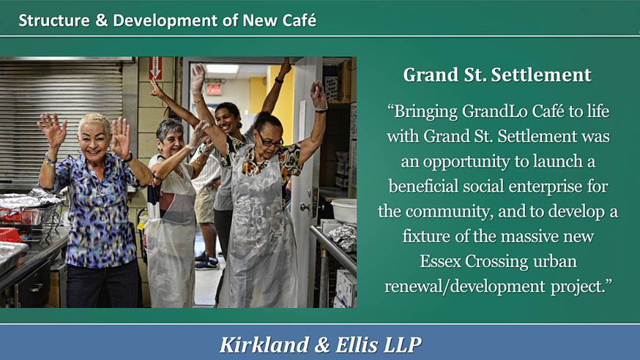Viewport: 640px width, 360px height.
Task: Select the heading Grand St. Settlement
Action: click(x=497, y=75)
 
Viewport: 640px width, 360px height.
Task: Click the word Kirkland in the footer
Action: click(x=264, y=345)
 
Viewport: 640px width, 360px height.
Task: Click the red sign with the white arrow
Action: click(x=155, y=67)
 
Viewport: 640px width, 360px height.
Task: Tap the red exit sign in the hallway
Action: click(x=214, y=89)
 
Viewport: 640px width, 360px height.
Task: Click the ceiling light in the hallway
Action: click(x=222, y=69)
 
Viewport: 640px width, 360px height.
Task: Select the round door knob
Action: click(x=305, y=207)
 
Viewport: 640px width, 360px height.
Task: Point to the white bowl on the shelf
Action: click(x=344, y=211)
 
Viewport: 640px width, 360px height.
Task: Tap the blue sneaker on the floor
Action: click(x=207, y=263)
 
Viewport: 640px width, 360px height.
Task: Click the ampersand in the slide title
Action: click(x=101, y=20)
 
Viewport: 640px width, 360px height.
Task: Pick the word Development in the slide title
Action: click(x=165, y=20)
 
